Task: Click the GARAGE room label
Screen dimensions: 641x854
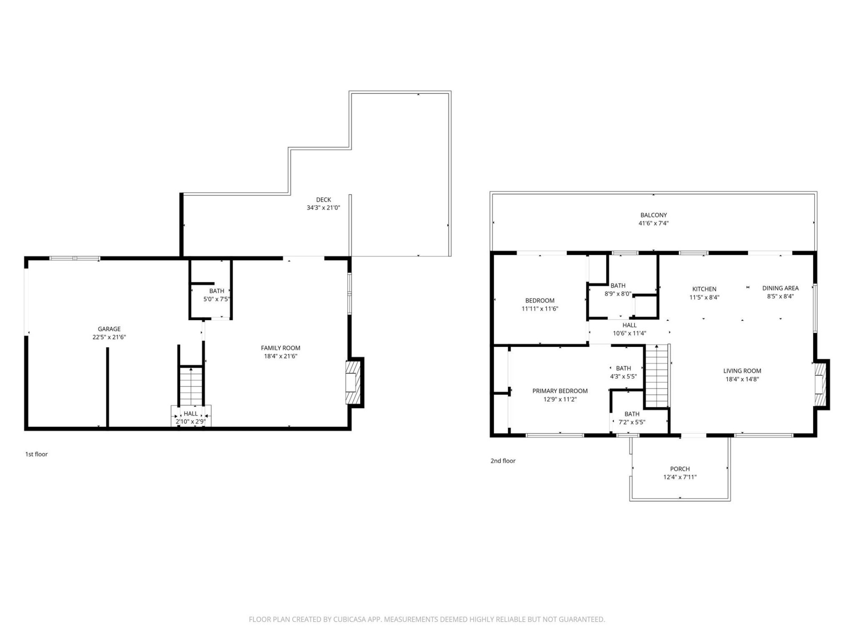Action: (109, 329)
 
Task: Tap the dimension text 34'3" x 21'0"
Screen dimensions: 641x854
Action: (323, 207)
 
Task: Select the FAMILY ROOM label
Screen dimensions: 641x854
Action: (280, 348)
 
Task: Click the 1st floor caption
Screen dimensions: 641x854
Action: (36, 454)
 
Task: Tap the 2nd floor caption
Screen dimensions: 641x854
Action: (503, 461)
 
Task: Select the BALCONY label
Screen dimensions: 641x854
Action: (653, 215)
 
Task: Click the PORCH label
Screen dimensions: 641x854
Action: (680, 469)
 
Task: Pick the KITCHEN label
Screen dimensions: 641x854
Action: (704, 289)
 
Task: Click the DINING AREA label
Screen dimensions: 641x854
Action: (780, 288)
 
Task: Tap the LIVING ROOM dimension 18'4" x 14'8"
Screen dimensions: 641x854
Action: (742, 379)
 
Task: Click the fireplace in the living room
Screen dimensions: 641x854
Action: (820, 385)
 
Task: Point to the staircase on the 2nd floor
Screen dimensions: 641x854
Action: (657, 376)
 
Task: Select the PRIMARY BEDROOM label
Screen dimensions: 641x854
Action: (560, 391)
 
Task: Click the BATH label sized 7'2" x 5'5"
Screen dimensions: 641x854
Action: (632, 414)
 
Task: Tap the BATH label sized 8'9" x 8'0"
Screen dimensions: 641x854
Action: (618, 285)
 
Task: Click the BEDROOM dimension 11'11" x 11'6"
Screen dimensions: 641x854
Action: (540, 308)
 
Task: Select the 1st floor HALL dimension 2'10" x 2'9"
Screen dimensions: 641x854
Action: (191, 422)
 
